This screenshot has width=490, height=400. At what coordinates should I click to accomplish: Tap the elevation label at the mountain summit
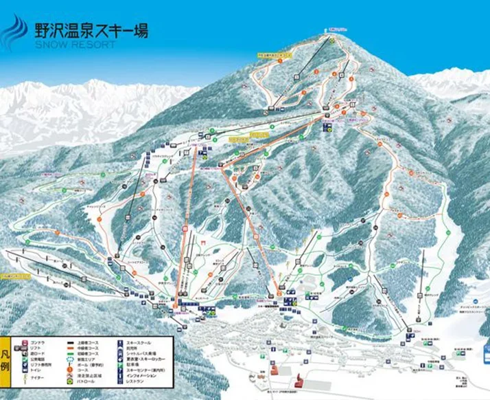[x=336, y=30]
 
